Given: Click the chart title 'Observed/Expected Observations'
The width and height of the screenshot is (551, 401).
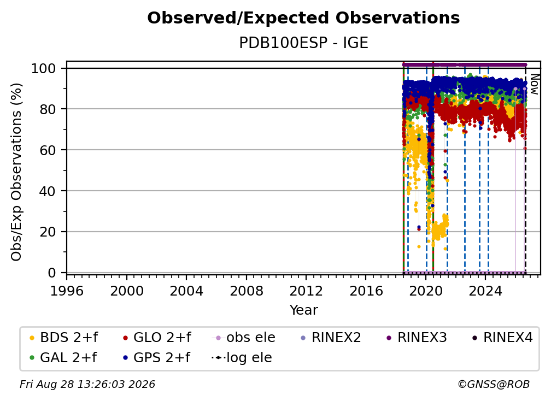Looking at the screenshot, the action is pyautogui.click(x=303, y=18).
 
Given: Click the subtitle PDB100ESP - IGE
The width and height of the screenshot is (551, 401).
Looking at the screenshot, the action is pyautogui.click(x=303, y=43).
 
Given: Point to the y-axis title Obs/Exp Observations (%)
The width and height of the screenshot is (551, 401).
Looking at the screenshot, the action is pyautogui.click(x=16, y=172).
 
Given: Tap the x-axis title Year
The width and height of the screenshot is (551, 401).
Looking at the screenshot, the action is pyautogui.click(x=303, y=310).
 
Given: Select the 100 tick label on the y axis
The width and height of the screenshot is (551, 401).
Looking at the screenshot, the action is pyautogui.click(x=44, y=68).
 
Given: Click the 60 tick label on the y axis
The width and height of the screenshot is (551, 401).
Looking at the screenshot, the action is pyautogui.click(x=48, y=150).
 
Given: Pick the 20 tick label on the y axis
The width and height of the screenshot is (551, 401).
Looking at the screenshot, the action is pyautogui.click(x=48, y=232).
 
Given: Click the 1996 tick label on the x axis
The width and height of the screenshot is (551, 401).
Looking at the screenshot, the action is pyautogui.click(x=67, y=291).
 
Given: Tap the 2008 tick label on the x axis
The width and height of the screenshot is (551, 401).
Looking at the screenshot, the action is pyautogui.click(x=247, y=291).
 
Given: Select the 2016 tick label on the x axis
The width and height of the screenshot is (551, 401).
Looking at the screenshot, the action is pyautogui.click(x=366, y=291).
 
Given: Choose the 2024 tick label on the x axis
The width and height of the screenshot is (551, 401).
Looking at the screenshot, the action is pyautogui.click(x=485, y=291).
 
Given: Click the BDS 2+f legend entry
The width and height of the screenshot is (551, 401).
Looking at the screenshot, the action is pyautogui.click(x=64, y=338).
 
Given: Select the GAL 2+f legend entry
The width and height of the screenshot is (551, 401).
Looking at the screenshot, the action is pyautogui.click(x=63, y=358).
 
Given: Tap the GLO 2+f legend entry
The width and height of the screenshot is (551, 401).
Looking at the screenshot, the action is pyautogui.click(x=157, y=338).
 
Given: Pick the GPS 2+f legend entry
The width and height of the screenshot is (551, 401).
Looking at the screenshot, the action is pyautogui.click(x=156, y=358).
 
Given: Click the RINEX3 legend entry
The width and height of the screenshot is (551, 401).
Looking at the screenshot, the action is pyautogui.click(x=417, y=338).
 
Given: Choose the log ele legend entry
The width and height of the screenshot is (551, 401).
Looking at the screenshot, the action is pyautogui.click(x=242, y=358).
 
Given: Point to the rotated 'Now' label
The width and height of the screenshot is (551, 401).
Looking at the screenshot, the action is pyautogui.click(x=534, y=84).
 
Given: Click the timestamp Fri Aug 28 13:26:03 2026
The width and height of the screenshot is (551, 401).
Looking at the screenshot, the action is pyautogui.click(x=87, y=384).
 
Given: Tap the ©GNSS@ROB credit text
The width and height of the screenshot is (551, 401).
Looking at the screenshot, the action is pyautogui.click(x=494, y=384).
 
